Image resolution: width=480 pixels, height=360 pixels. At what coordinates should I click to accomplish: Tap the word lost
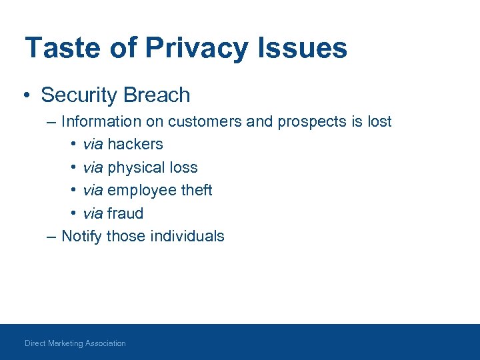pyautogui.click(x=378, y=122)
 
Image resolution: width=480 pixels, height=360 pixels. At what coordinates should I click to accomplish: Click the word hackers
pyautogui.click(x=135, y=145)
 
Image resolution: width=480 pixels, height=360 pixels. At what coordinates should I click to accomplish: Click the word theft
pyautogui.click(x=197, y=190)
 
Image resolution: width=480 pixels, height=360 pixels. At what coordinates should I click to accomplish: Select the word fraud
pyautogui.click(x=125, y=213)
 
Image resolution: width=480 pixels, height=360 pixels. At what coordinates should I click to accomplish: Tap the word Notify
pyautogui.click(x=81, y=236)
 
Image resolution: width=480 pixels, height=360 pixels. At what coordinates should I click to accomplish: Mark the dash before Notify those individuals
pyautogui.click(x=51, y=236)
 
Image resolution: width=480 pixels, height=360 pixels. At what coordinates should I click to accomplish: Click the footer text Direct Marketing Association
pyautogui.click(x=75, y=343)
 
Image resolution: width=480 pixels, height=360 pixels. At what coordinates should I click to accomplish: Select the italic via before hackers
pyautogui.click(x=93, y=145)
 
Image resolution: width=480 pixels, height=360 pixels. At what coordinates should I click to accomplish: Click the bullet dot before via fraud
pyautogui.click(x=73, y=213)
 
